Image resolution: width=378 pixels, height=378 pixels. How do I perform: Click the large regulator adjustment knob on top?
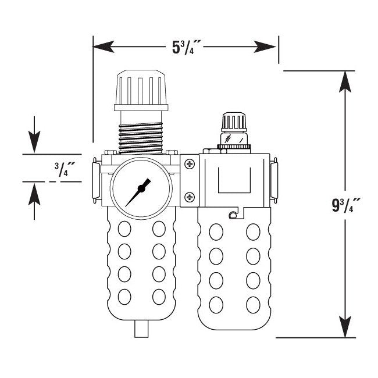pos(141,90)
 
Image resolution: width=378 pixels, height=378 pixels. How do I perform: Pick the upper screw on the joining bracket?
pos(189,165)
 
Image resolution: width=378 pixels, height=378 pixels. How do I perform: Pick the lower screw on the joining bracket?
pos(189,198)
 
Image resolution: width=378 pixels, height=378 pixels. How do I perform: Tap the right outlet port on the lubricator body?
pos(274,180)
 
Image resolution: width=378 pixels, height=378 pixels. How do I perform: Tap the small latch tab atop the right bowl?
pos(233,216)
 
